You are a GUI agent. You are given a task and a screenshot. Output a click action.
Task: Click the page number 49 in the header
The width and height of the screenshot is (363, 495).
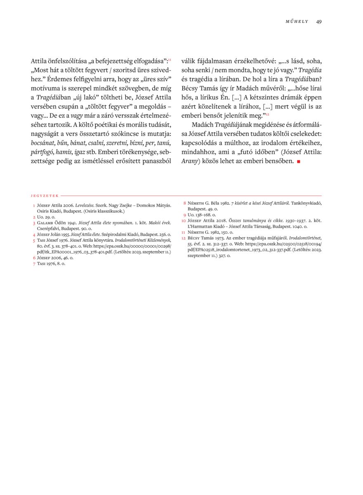click(319, 21)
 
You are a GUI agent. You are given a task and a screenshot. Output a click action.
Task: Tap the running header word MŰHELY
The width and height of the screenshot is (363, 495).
click(297, 22)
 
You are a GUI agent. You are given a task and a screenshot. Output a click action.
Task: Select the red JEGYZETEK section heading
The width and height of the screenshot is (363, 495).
click(45, 196)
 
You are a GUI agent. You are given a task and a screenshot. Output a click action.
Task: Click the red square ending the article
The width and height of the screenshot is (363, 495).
click(298, 161)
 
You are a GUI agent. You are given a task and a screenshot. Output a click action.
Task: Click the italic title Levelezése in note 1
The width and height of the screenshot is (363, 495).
click(84, 205)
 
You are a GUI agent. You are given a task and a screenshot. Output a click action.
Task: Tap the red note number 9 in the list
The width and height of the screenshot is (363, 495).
click(184, 215)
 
